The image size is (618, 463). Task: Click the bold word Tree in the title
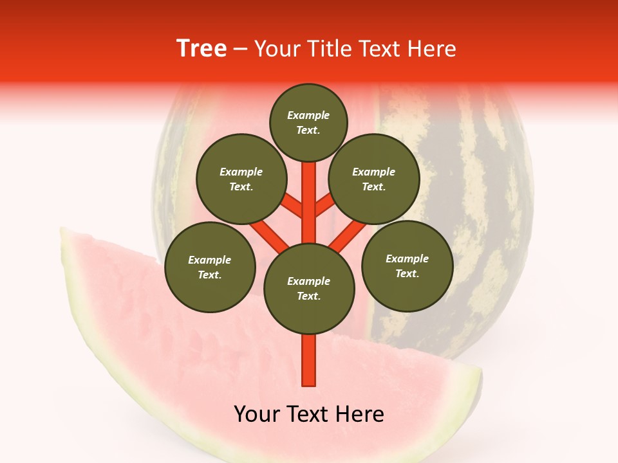(201, 48)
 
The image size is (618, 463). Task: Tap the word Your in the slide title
(277, 49)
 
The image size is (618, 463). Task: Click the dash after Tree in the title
(241, 50)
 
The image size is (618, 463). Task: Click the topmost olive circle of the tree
(308, 122)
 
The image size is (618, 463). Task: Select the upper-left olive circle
(241, 179)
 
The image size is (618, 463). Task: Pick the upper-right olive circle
(374, 179)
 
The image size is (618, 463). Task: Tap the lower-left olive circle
(210, 267)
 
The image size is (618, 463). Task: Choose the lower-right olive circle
(407, 266)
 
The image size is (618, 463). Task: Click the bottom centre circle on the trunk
(309, 289)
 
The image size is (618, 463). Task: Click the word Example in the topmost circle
(308, 116)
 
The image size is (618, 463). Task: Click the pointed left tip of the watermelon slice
(63, 232)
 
